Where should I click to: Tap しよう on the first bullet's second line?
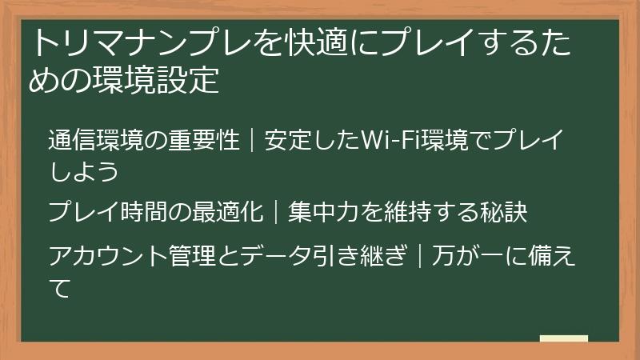[83, 170]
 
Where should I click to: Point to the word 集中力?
[324, 212]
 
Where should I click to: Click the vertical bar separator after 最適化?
[276, 212]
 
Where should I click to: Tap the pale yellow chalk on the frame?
[563, 338]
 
